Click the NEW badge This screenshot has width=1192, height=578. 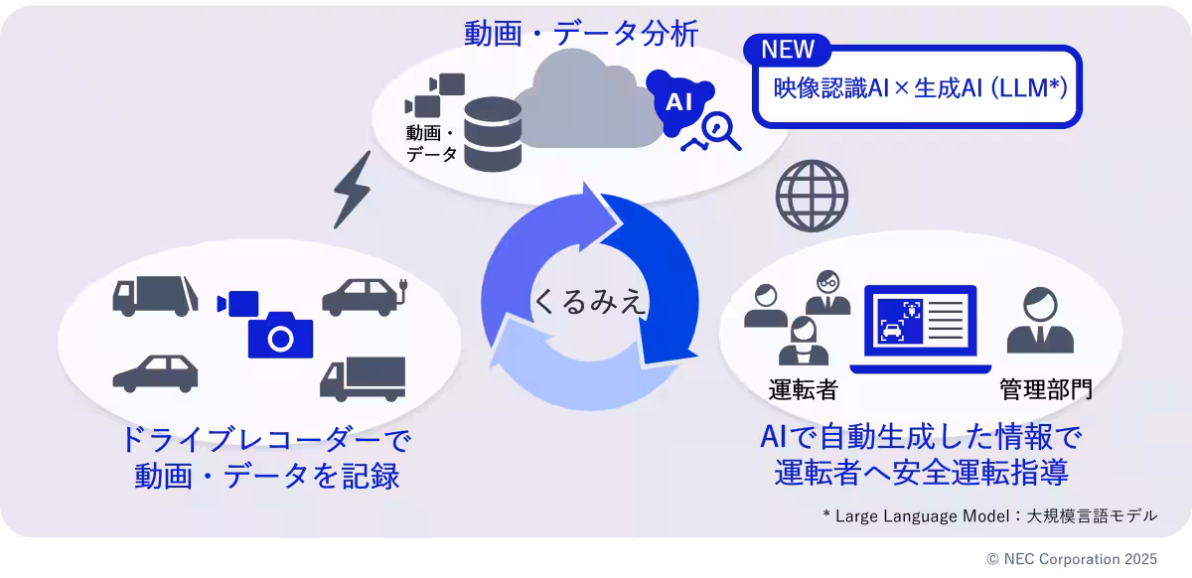(x=787, y=49)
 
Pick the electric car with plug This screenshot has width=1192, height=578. (x=365, y=295)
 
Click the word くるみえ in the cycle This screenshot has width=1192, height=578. (x=590, y=300)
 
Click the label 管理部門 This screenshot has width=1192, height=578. (x=1046, y=387)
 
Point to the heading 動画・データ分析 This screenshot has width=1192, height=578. (x=582, y=34)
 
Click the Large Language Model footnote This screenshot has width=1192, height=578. (x=989, y=515)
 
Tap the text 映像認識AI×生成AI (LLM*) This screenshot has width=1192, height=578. (x=920, y=88)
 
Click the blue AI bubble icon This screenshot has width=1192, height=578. (x=677, y=98)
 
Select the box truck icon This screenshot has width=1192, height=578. (x=363, y=378)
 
